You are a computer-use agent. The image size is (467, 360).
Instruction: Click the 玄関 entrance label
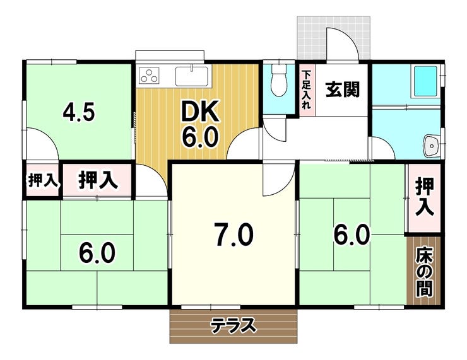point(343,90)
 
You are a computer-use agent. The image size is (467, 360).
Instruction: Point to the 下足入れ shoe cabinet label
point(306,89)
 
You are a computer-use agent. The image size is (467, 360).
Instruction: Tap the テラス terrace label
point(233,326)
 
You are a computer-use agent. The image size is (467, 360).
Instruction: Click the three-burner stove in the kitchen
point(150,76)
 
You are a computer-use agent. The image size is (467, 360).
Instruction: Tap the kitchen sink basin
point(192,75)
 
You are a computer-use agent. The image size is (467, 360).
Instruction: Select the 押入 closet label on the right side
point(425,197)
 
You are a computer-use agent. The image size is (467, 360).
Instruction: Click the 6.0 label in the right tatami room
point(351,236)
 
